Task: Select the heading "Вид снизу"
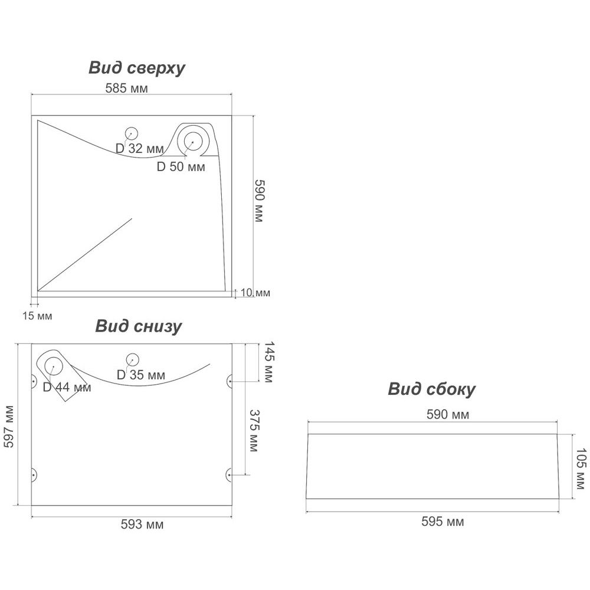click(x=139, y=326)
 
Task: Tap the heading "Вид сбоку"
click(x=431, y=389)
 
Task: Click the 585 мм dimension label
click(x=126, y=89)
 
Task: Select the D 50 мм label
click(x=181, y=167)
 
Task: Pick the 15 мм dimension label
click(x=37, y=316)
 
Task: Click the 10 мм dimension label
click(x=255, y=293)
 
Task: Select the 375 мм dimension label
click(x=254, y=431)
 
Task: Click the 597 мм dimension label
click(x=9, y=426)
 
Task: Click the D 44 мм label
click(x=67, y=388)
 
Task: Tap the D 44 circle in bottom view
click(x=54, y=366)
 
